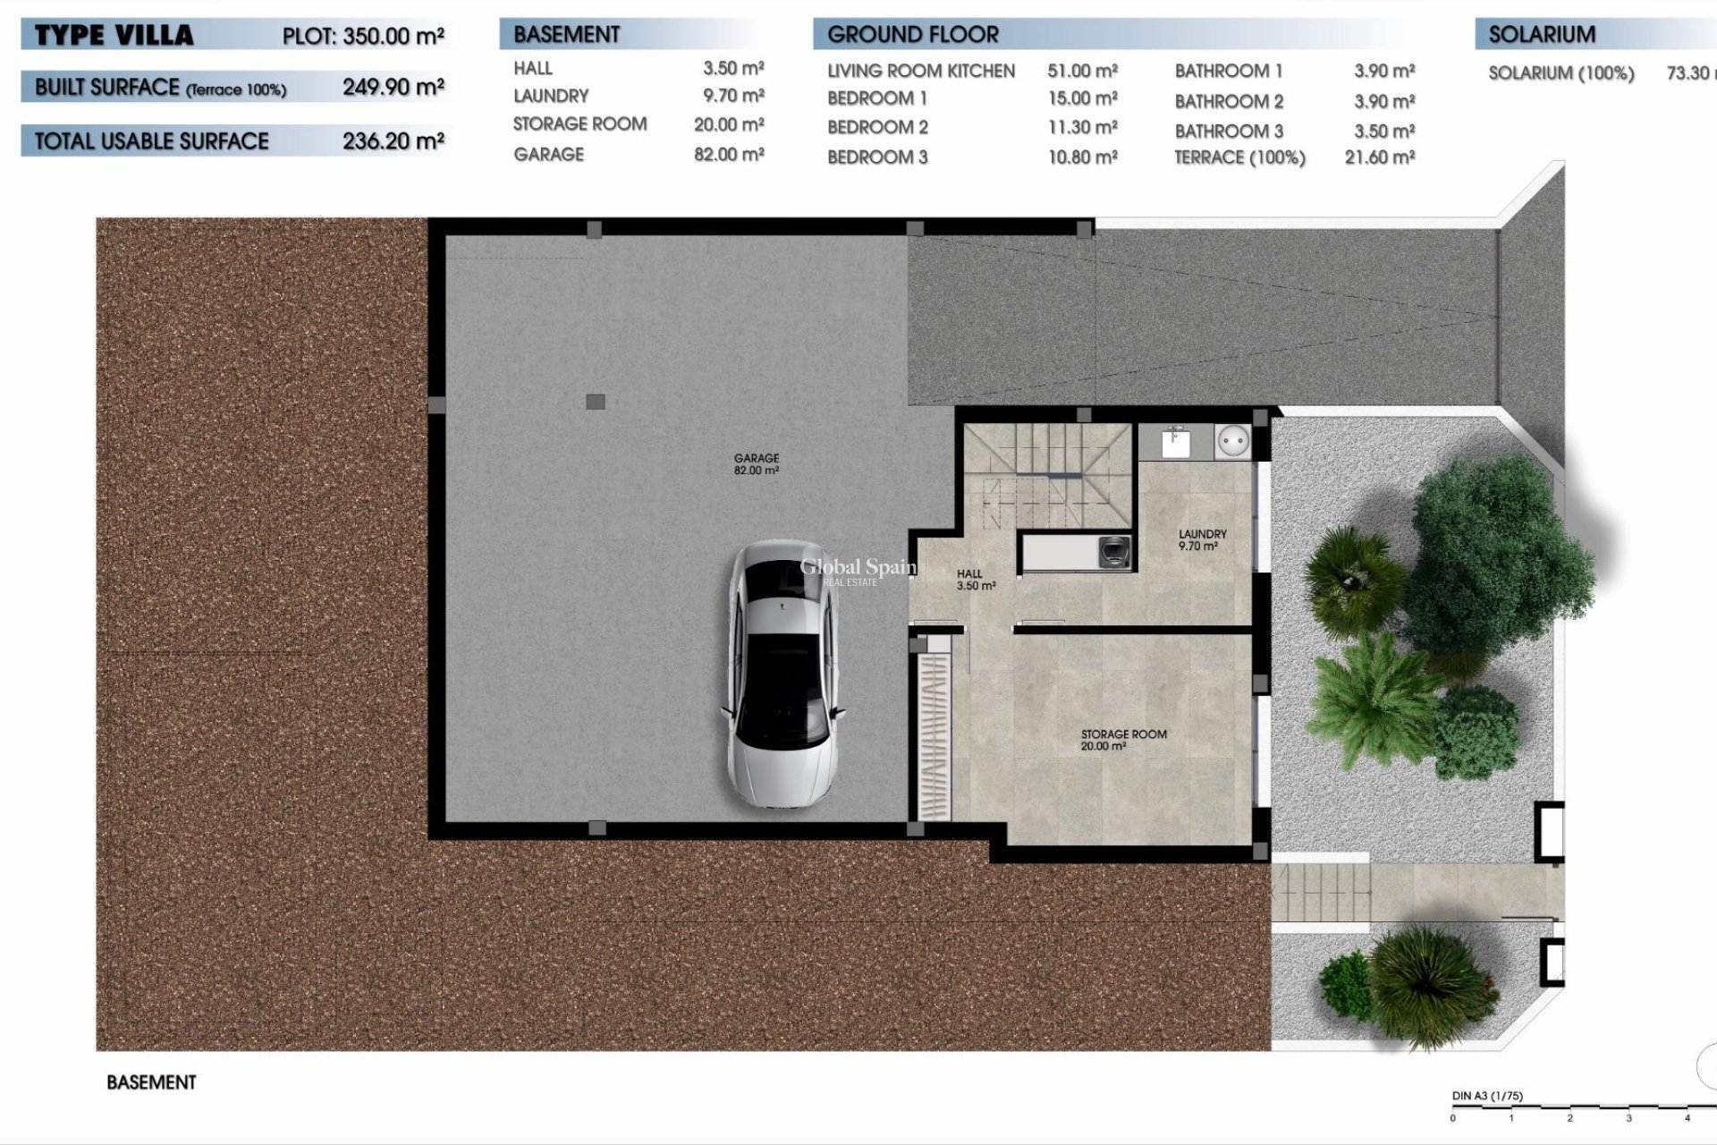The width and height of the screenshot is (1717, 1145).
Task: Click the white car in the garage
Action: click(x=783, y=677)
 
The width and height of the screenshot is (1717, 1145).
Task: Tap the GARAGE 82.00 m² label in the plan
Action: click(x=757, y=463)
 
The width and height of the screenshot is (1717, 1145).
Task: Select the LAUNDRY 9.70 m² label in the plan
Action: click(x=1201, y=539)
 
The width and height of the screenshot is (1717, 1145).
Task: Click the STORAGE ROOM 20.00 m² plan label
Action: click(x=1123, y=740)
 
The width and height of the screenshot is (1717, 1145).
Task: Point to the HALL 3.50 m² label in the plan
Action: click(x=975, y=580)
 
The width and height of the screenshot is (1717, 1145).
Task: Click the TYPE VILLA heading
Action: click(x=114, y=36)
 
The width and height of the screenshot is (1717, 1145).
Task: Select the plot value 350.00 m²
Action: click(x=393, y=37)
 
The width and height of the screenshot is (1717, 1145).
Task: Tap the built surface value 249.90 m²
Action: click(x=393, y=87)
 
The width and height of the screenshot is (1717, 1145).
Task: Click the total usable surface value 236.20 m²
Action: click(x=393, y=140)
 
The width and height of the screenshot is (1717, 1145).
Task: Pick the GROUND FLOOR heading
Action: click(x=912, y=35)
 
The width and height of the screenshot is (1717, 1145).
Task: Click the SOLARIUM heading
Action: click(x=1542, y=35)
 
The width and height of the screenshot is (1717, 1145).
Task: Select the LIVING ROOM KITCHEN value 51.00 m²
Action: click(x=1082, y=71)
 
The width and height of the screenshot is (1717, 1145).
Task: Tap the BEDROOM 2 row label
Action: click(x=877, y=127)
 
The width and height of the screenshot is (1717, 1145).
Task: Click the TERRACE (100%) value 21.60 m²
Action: click(x=1379, y=157)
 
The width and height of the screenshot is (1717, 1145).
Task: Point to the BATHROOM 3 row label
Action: click(x=1229, y=131)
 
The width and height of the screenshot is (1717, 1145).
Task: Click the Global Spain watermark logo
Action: click(x=857, y=570)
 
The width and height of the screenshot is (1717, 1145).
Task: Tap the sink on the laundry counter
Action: click(x=1175, y=441)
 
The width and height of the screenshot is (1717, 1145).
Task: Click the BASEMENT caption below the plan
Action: click(x=151, y=1082)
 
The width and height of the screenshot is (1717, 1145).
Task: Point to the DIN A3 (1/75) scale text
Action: click(x=1486, y=1096)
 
